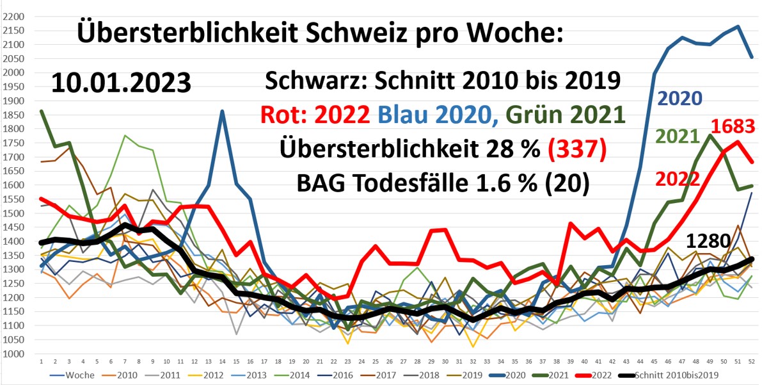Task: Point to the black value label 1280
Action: coord(708,242)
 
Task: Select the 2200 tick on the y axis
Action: coord(13,16)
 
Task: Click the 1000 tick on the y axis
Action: coord(13,354)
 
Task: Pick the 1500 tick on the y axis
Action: coord(13,213)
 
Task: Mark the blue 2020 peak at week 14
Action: coord(221,112)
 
